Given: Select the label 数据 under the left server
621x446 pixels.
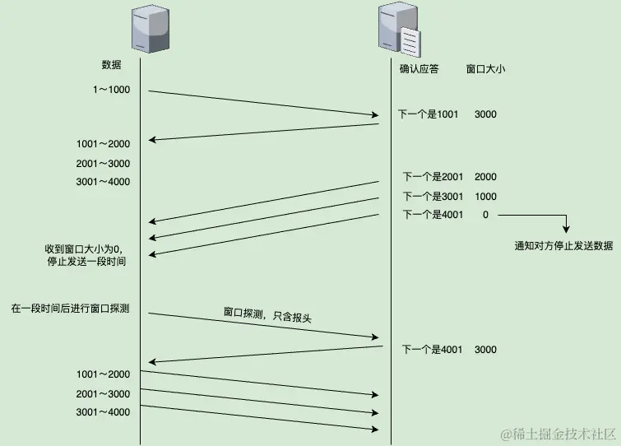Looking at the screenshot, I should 112,64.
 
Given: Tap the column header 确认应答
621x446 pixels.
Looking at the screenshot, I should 419,70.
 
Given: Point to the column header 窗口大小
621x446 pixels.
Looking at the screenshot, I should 485,70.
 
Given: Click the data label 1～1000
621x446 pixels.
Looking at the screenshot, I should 111,90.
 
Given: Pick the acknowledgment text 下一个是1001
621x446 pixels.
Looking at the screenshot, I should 428,114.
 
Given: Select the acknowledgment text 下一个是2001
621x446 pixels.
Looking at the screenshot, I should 433,177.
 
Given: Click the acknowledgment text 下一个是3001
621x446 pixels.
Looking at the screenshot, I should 433,197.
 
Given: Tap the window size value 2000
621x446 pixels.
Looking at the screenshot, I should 485,177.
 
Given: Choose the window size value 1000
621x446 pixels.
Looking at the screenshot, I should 485,197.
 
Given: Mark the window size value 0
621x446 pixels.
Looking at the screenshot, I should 485,215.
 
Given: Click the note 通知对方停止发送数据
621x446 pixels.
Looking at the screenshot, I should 563,246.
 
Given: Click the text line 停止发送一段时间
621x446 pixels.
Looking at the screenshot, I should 86,262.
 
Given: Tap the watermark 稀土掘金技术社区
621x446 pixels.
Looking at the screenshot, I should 555,433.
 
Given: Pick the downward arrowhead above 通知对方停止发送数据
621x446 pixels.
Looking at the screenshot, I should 566,230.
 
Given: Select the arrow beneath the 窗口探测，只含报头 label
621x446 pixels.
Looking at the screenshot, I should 263,326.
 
